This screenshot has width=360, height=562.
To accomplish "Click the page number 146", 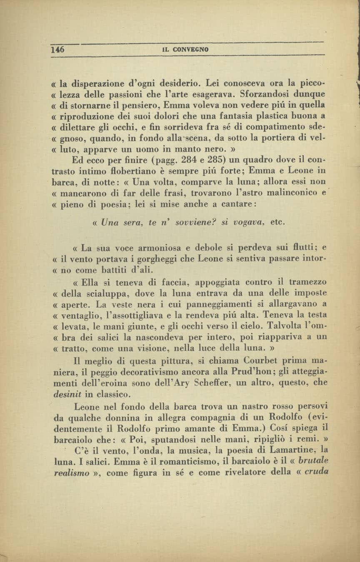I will click(x=58, y=49).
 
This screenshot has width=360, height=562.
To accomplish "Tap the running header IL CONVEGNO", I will click(x=185, y=50).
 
